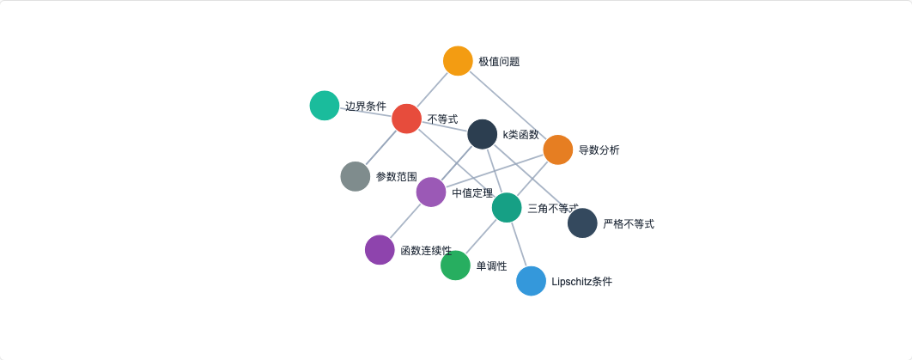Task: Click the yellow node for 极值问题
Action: [x=458, y=61]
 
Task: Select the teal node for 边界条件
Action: [x=325, y=106]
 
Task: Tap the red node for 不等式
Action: [x=406, y=119]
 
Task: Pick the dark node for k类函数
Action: [x=482, y=134]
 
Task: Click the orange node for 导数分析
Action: [x=557, y=149]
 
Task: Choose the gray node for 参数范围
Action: [x=356, y=176]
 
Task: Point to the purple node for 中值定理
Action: [x=431, y=192]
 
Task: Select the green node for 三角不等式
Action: [x=507, y=207]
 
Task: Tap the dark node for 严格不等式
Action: [x=582, y=223]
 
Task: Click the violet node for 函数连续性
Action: [x=380, y=250]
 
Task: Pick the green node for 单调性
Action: [x=455, y=265]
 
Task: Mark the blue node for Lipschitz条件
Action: [x=532, y=281]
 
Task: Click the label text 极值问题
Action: [x=499, y=62]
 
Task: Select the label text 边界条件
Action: [x=366, y=107]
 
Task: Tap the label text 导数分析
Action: [x=599, y=150]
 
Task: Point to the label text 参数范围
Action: [x=397, y=177]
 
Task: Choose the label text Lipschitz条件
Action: [x=582, y=282]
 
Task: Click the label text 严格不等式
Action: [x=629, y=224]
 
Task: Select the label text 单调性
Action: [x=491, y=266]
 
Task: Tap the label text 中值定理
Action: [x=472, y=192]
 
